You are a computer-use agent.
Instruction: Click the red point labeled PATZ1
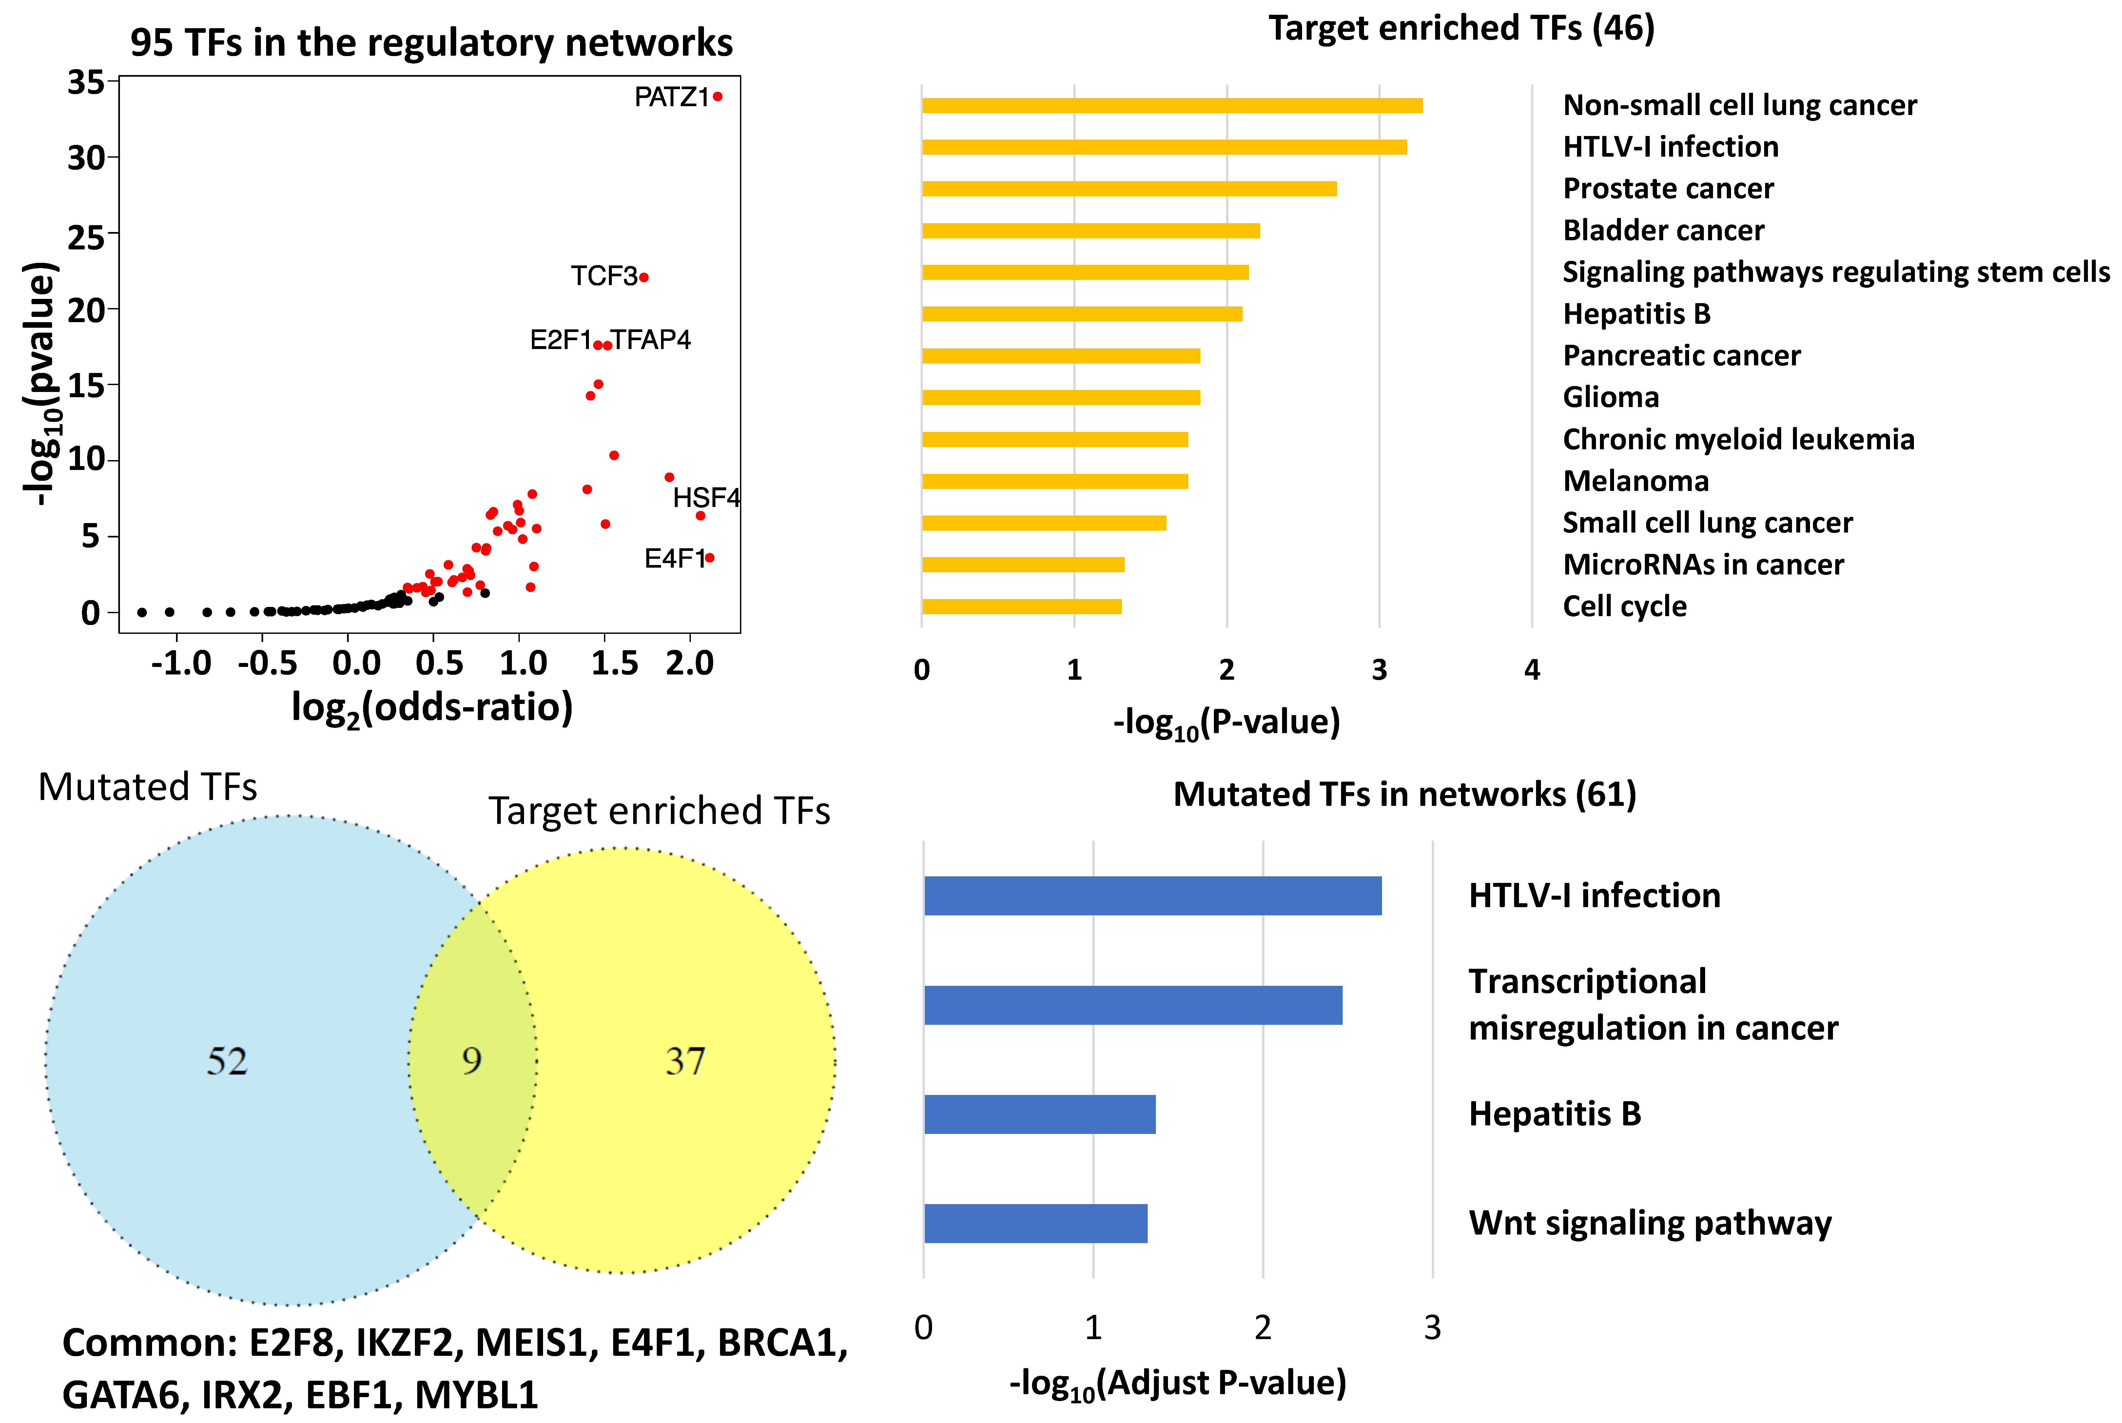[x=718, y=96]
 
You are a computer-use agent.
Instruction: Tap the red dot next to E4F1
[x=710, y=558]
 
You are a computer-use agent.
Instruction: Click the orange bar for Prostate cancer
[x=1129, y=189]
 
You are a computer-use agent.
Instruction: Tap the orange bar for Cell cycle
[x=1022, y=606]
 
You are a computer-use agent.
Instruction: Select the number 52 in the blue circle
[x=227, y=1061]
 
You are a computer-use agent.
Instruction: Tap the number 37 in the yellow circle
[x=685, y=1061]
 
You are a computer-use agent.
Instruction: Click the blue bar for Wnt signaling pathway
[x=1035, y=1223]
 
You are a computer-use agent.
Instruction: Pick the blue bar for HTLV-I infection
[x=1152, y=896]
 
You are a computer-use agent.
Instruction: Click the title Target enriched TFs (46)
[x=1461, y=28]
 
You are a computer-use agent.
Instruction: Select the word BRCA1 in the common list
[x=782, y=1343]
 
